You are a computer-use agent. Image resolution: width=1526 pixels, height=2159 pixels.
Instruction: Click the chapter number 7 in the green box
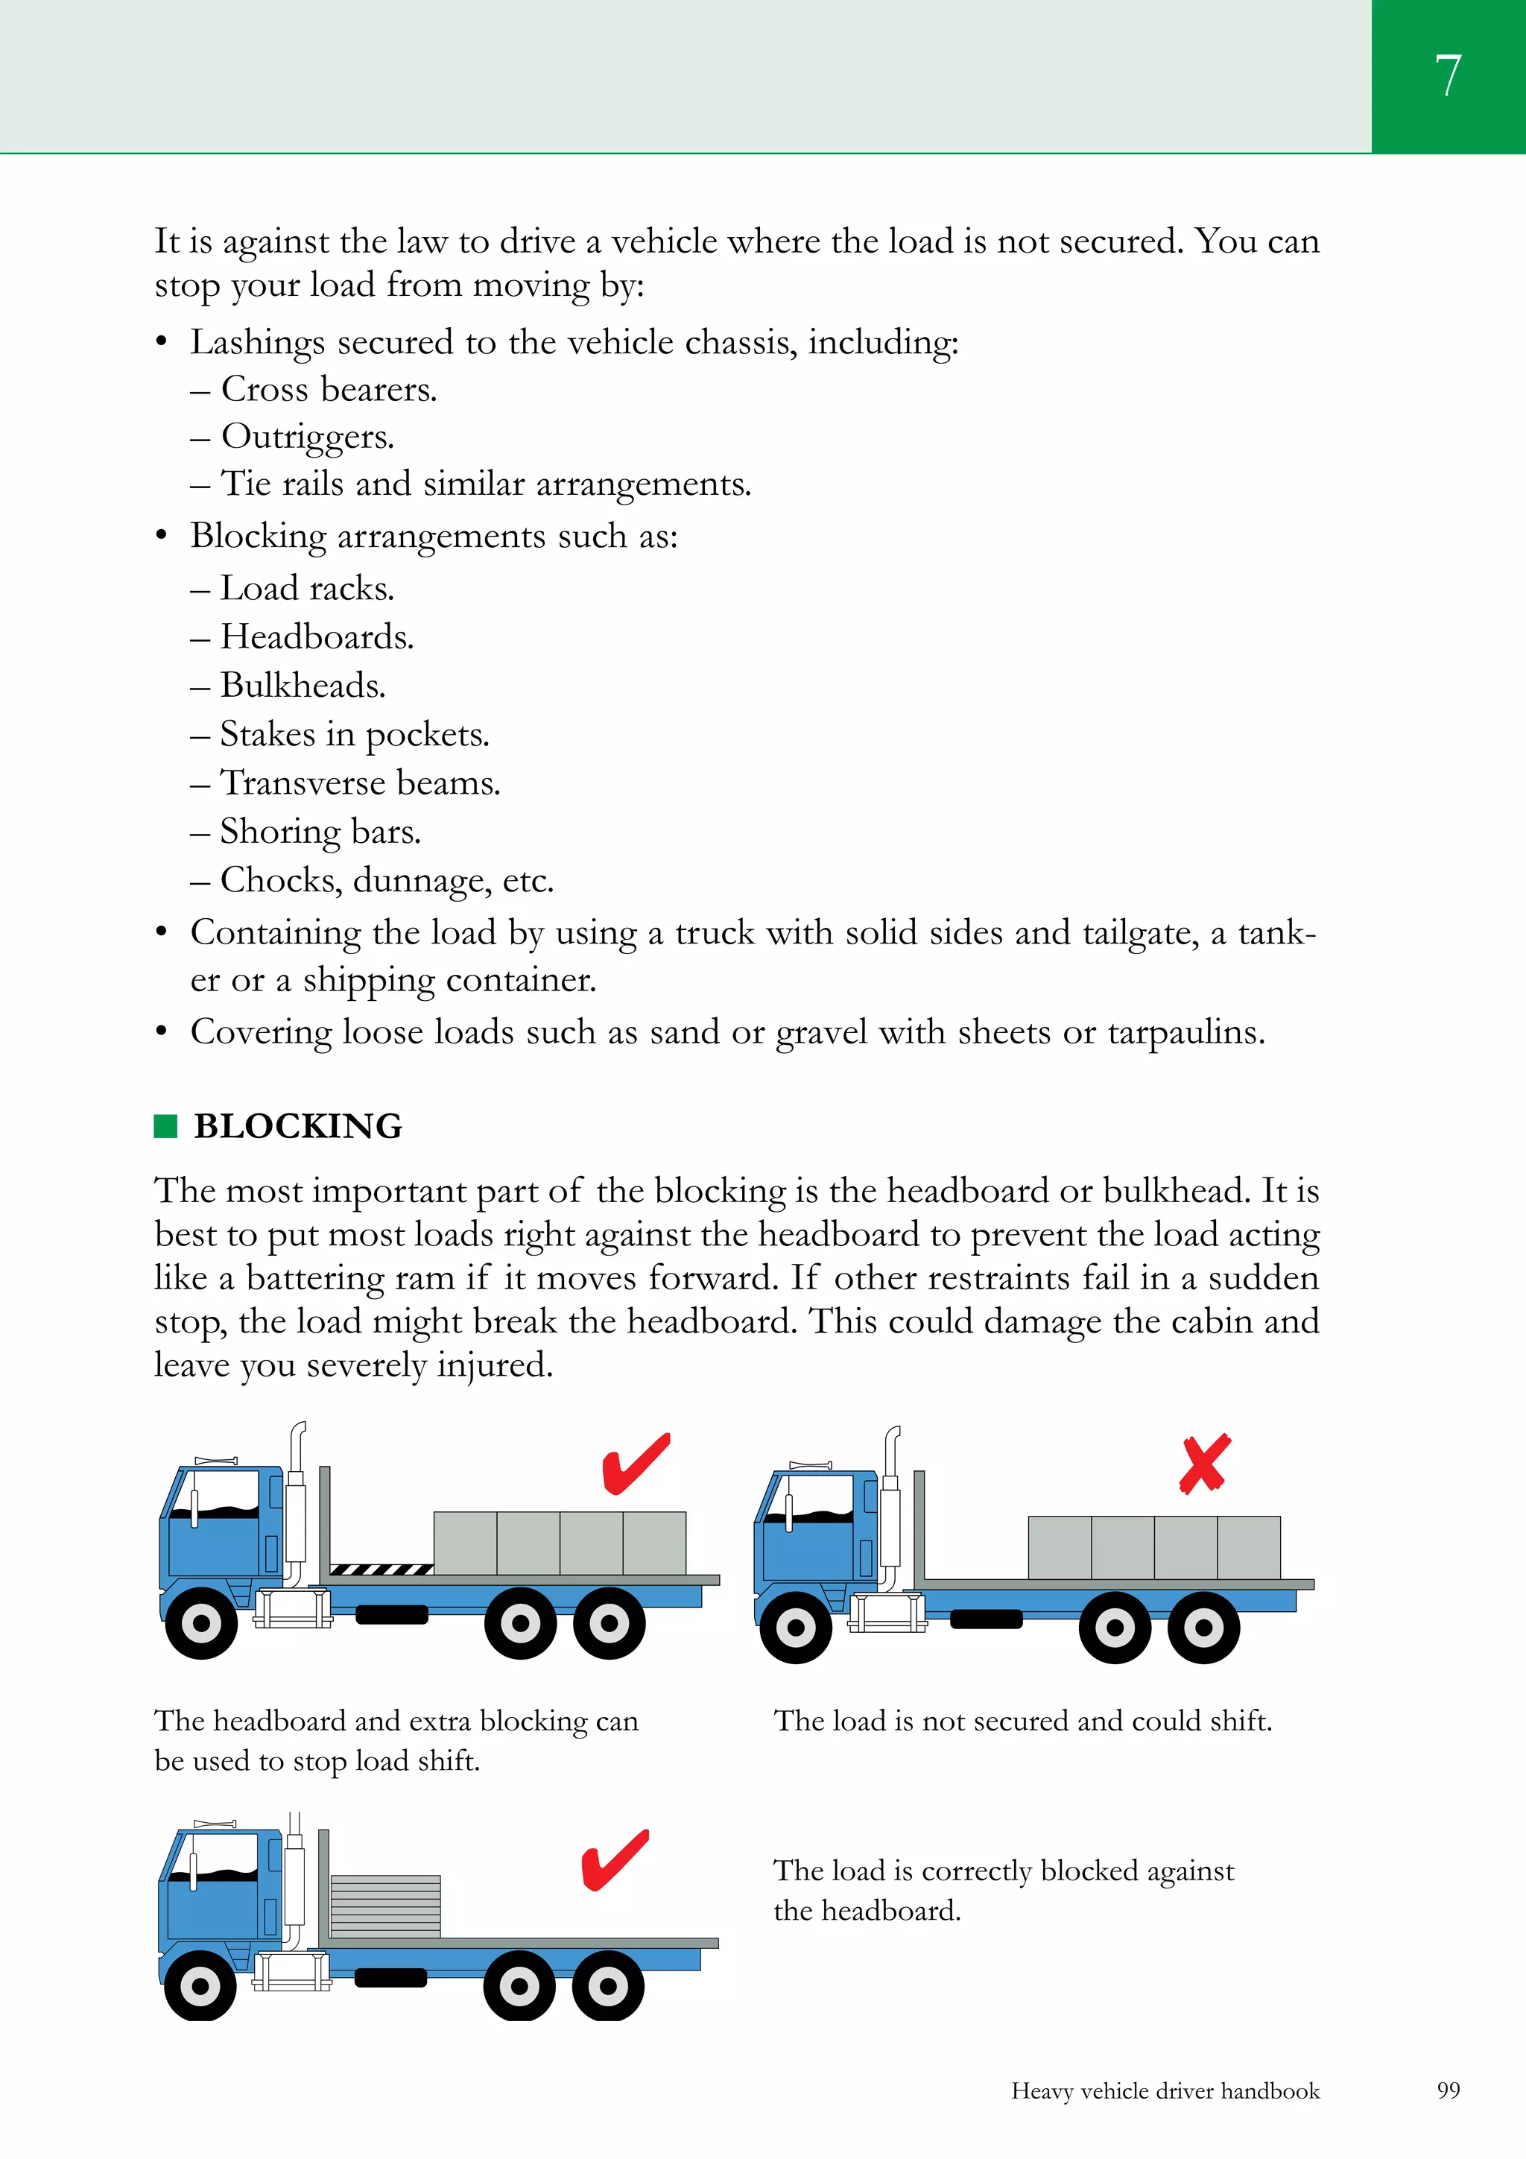[1448, 75]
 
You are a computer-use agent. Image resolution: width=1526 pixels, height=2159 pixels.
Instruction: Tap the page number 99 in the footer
[1448, 2090]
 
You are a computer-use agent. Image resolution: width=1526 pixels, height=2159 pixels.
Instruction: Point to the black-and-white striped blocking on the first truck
[381, 1569]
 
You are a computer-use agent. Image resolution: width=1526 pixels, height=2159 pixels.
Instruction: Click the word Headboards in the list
[316, 636]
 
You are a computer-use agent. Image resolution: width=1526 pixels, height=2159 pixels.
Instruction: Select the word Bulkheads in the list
[302, 686]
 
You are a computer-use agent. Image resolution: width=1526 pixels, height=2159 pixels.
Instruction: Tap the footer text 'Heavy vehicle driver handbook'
[1165, 2090]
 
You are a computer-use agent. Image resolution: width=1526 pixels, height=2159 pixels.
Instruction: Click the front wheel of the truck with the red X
[796, 1627]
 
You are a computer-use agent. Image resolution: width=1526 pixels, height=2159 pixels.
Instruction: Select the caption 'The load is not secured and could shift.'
[1022, 1721]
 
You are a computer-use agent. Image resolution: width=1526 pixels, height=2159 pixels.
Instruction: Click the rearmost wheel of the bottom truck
[607, 1986]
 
